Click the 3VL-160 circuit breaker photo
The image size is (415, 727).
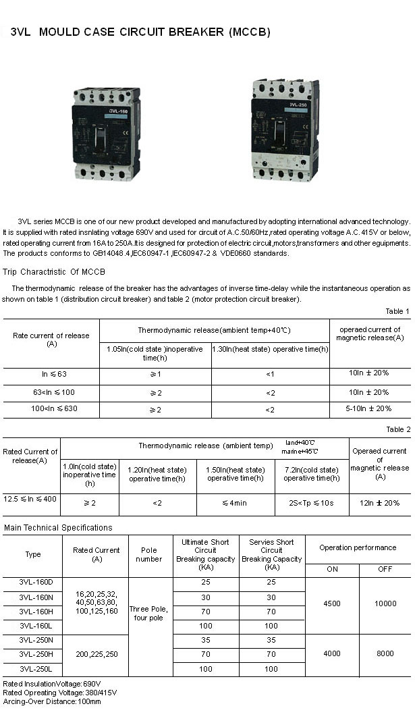[x=105, y=132]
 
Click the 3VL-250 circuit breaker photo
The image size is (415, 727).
[x=285, y=130]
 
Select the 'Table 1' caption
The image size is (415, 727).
[x=397, y=311]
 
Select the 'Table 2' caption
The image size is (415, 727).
[x=397, y=429]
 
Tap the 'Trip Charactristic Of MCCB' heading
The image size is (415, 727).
[x=54, y=273]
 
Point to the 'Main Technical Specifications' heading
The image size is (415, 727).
[x=58, y=528]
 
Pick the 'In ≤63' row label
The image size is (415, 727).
[x=51, y=374]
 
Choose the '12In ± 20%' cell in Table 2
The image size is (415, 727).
[x=379, y=503]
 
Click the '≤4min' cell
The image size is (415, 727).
[x=236, y=503]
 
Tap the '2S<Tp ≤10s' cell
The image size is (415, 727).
[x=311, y=503]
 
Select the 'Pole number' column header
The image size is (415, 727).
[x=149, y=554]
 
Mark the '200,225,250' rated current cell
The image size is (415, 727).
[x=96, y=654]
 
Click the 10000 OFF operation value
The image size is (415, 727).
[x=385, y=604]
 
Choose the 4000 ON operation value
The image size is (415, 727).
[x=332, y=653]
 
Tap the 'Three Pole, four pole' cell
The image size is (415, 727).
[x=149, y=613]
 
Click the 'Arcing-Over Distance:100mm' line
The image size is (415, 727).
[x=52, y=701]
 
